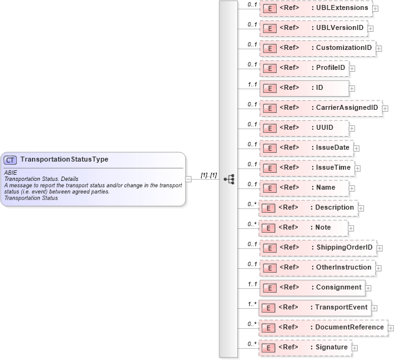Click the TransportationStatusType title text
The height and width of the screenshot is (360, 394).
click(64, 160)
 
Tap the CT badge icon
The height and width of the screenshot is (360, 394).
click(11, 160)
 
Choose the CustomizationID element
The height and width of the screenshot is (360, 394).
click(317, 48)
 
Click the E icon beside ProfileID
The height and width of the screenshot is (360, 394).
click(269, 68)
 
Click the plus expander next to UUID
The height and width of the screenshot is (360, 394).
click(352, 128)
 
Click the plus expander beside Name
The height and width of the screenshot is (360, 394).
click(352, 188)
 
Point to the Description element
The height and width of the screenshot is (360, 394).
click(308, 208)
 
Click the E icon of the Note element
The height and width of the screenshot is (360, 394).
click(269, 228)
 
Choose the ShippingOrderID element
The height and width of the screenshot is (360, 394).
click(317, 248)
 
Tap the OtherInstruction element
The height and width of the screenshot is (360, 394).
click(317, 268)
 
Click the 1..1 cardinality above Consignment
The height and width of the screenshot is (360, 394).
click(252, 284)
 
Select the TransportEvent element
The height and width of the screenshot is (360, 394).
click(315, 308)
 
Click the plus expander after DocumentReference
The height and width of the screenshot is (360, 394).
click(391, 328)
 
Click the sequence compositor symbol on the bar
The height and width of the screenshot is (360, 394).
click(229, 178)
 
